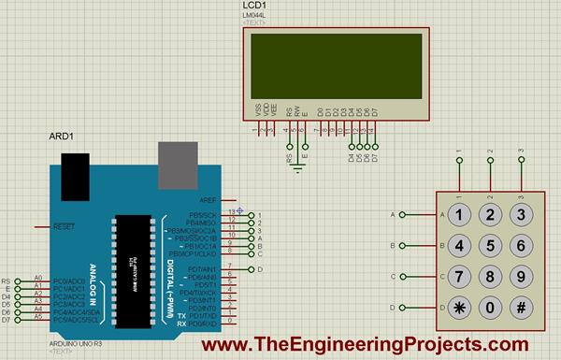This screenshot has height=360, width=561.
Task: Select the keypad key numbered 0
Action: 490,308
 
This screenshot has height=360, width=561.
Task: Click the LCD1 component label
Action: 253,7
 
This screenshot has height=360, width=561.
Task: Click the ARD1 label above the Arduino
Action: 61,137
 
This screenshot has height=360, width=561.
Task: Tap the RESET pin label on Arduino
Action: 64,226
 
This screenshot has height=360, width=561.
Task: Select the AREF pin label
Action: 209,200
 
